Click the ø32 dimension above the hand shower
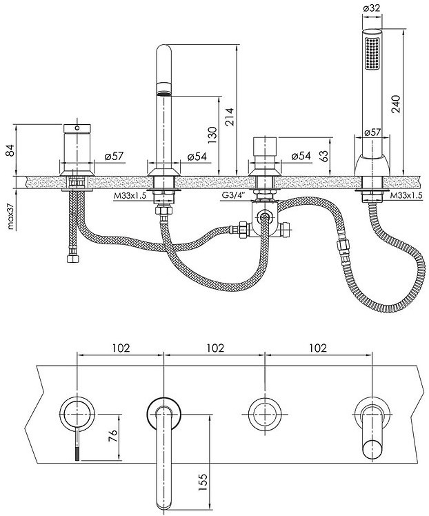[x=374, y=9]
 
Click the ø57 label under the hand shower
[x=372, y=132]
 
